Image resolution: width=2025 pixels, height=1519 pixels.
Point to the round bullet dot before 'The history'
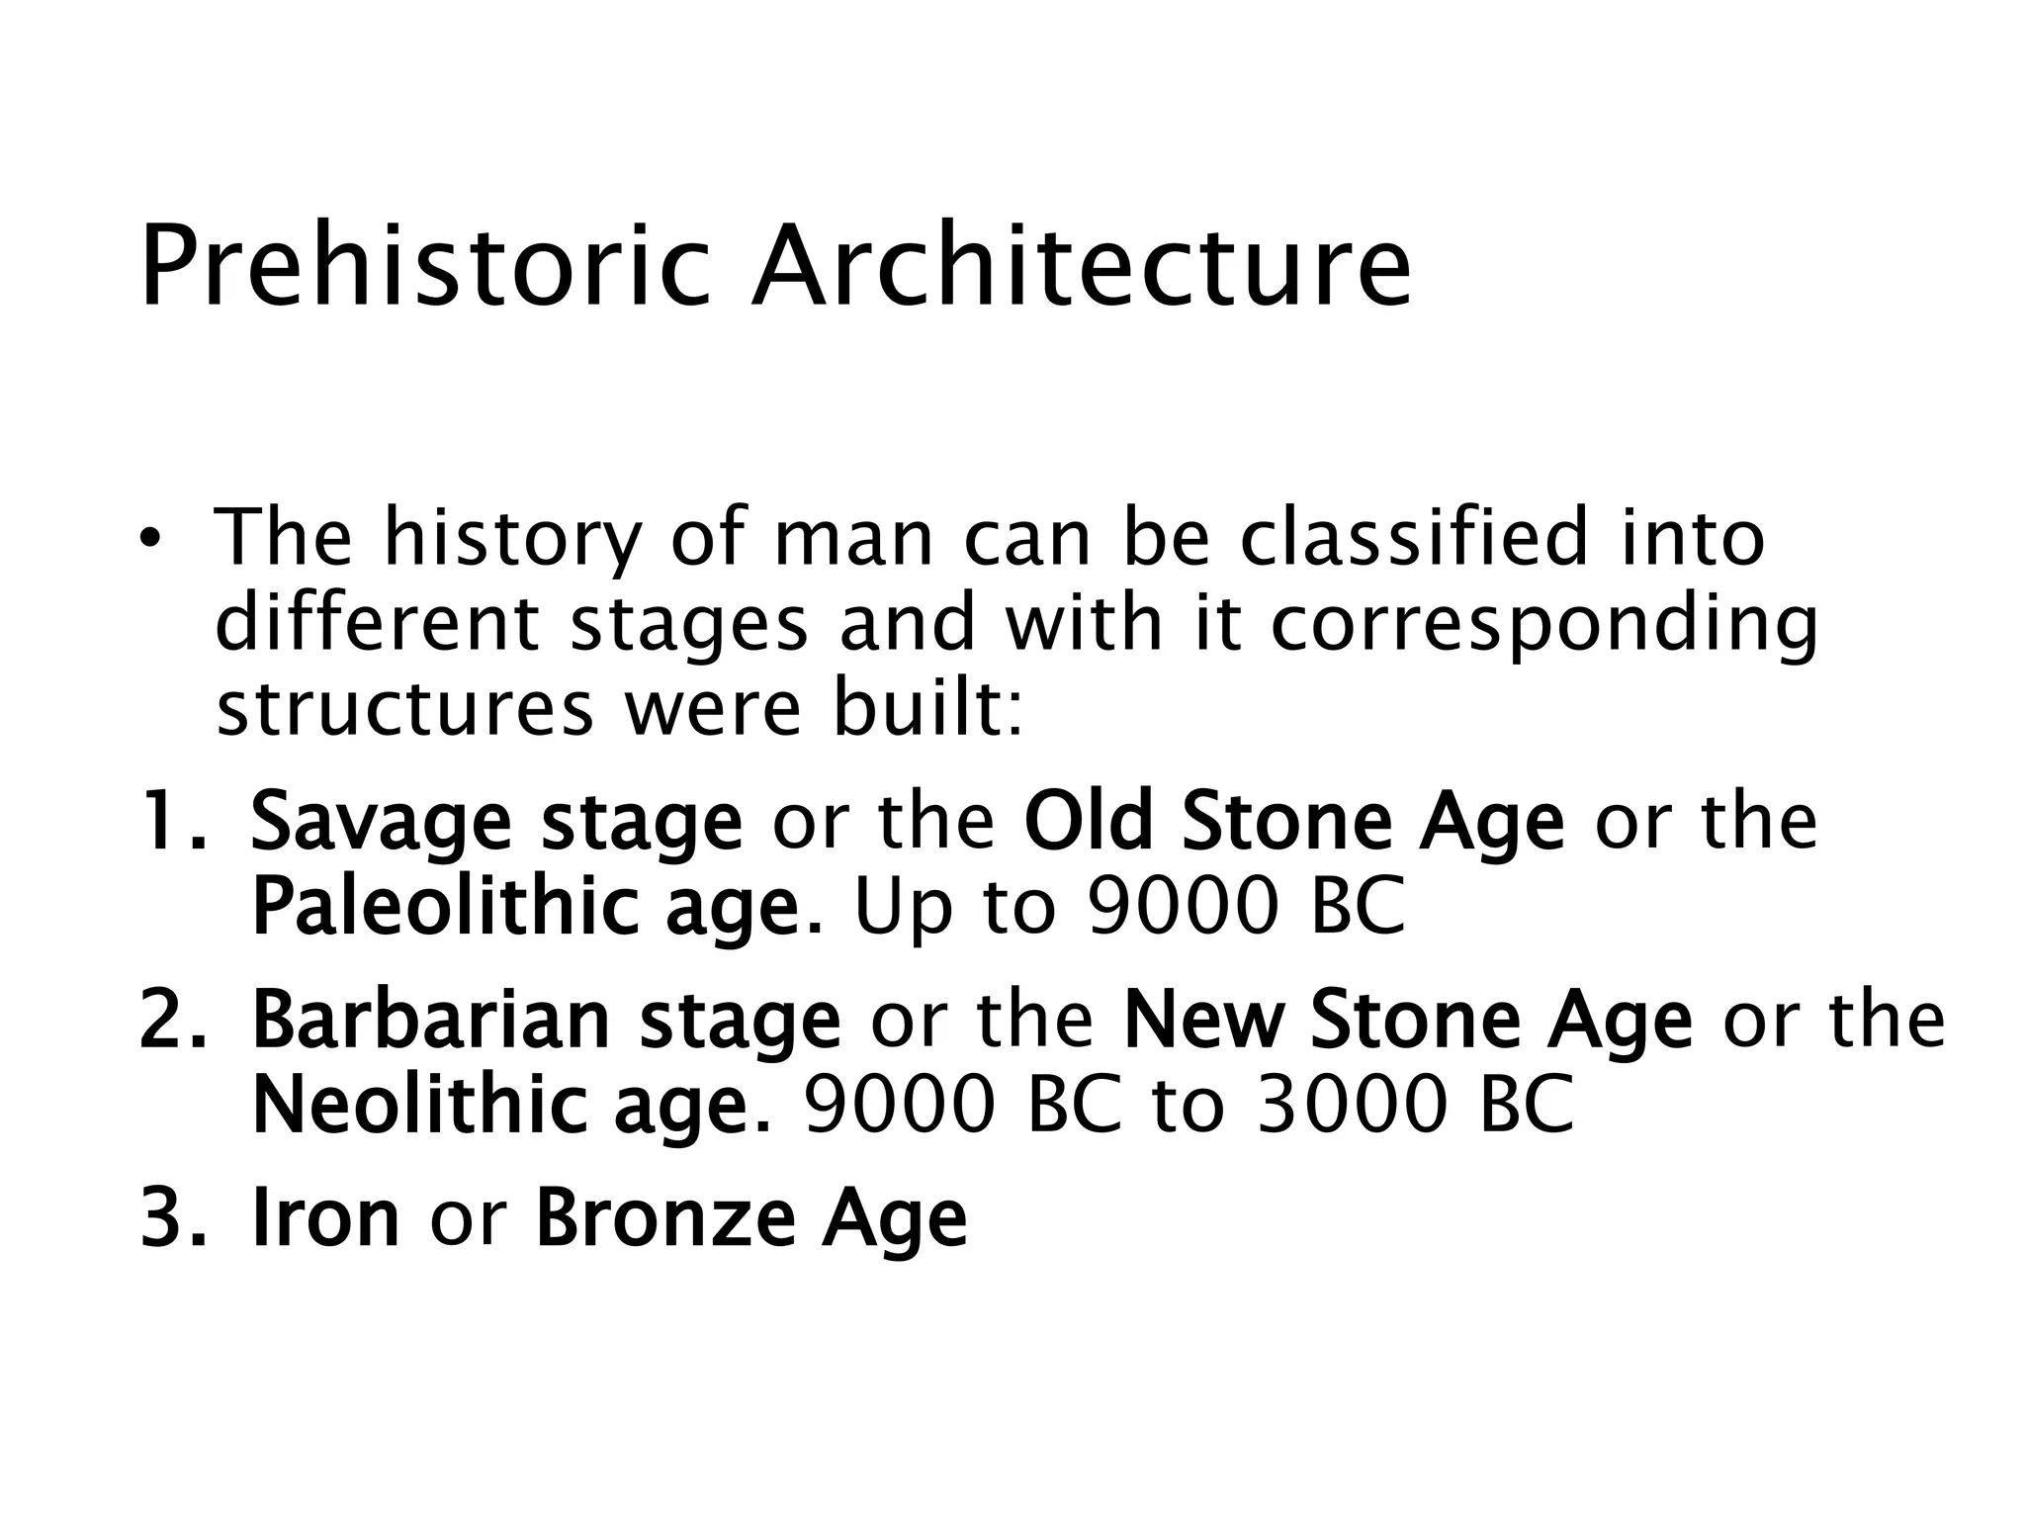pos(148,539)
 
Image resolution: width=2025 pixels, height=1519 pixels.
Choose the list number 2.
pos(170,1021)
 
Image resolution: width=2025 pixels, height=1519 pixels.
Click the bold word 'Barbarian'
pos(431,1021)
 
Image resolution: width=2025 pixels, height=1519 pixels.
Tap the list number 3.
pos(170,1218)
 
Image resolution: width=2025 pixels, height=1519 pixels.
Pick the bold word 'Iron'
pos(325,1218)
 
